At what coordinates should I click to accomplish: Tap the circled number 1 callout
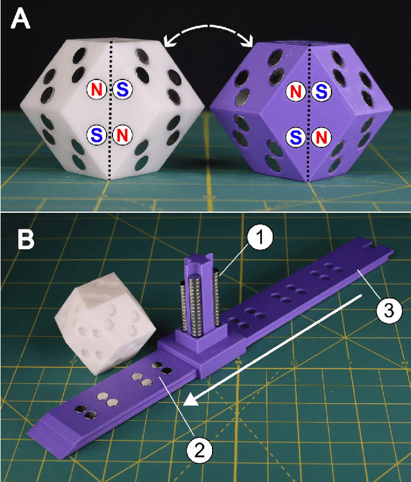260,238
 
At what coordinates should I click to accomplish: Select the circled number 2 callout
200,451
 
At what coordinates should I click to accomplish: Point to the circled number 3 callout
389,310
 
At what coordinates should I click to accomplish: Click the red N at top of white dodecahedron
96,90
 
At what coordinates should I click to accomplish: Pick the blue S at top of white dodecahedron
122,90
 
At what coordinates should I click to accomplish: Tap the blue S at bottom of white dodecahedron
96,135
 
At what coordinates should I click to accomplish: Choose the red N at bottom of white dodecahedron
122,135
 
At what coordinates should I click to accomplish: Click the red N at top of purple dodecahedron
296,92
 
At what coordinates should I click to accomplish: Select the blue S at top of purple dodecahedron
322,92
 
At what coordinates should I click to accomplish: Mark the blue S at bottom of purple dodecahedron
296,137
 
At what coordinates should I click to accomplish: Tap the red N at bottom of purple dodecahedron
322,137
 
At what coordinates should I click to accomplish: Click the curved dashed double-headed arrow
209,27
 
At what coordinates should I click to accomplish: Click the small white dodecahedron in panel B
105,323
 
